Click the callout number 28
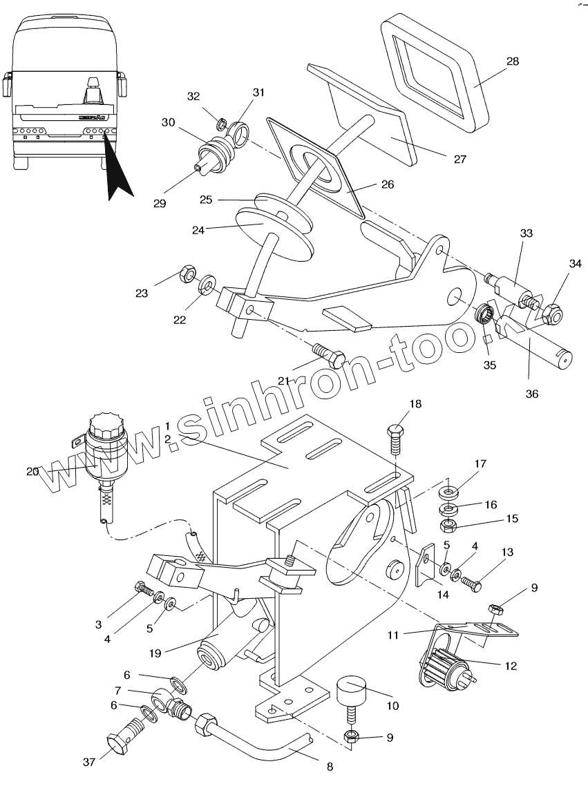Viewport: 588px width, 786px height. pyautogui.click(x=512, y=61)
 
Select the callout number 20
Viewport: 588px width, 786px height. pyautogui.click(x=32, y=471)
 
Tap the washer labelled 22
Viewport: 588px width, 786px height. pyautogui.click(x=206, y=285)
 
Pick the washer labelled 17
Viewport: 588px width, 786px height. pyautogui.click(x=449, y=493)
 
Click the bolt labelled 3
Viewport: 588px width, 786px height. pyautogui.click(x=143, y=589)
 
